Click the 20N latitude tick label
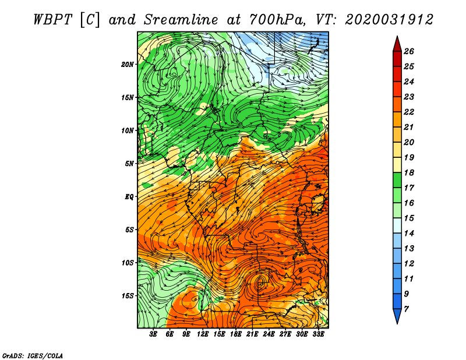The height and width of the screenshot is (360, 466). coord(127,65)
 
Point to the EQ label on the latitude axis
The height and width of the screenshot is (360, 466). coord(129,197)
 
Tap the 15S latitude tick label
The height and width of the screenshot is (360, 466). coord(128,296)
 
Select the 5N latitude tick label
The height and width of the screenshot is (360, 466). coord(129,164)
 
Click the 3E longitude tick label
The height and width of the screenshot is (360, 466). coord(153,334)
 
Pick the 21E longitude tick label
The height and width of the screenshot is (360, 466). coord(252,334)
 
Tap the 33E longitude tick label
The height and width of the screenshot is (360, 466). coord(318,334)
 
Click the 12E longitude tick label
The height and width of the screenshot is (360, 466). coord(202,334)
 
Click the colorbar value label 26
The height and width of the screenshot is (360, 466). coord(409,51)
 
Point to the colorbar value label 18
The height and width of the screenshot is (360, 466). coord(409,172)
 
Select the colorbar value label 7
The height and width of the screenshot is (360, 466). coord(406,309)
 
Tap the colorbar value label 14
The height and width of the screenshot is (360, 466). coord(409,234)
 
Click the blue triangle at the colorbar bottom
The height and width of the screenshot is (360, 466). coord(397,315)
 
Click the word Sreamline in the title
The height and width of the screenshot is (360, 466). coord(181,20)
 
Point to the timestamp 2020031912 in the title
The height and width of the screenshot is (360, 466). coord(389,20)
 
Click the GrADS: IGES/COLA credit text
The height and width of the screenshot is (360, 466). coord(33,356)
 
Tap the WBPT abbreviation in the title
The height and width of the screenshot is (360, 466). coord(52,20)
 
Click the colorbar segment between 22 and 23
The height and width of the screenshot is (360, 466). coord(397,104)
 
